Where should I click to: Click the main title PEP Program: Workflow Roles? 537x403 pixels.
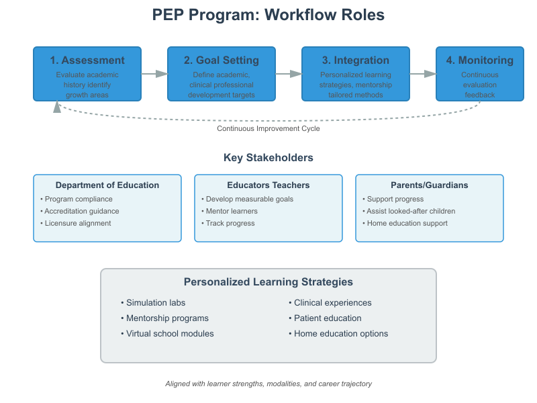click(x=268, y=15)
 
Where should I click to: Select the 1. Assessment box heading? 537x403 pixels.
click(x=87, y=60)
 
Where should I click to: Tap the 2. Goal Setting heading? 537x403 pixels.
click(x=222, y=60)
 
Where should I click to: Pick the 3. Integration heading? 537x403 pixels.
click(x=356, y=60)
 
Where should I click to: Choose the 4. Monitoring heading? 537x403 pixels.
click(x=480, y=60)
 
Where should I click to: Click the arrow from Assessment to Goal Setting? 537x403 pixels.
click(x=154, y=74)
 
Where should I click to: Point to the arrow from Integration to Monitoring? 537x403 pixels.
click(x=423, y=74)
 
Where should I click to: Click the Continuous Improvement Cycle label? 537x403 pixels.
click(x=268, y=128)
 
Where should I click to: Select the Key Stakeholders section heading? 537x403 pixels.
click(x=268, y=158)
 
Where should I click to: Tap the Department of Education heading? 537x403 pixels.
click(x=107, y=185)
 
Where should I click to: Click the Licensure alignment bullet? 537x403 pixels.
click(x=77, y=223)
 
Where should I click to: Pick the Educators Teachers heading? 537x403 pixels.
click(x=268, y=185)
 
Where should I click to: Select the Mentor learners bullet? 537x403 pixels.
click(x=231, y=211)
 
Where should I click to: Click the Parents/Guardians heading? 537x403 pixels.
click(x=430, y=185)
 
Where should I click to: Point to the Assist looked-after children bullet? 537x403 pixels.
click(x=410, y=211)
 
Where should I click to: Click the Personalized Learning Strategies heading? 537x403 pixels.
click(x=268, y=282)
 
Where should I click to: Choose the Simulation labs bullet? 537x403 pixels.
click(x=155, y=303)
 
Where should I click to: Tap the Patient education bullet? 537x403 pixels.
click(x=327, y=318)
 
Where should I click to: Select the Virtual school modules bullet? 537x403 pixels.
click(x=169, y=334)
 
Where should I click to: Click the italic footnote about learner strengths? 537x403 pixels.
click(x=268, y=384)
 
